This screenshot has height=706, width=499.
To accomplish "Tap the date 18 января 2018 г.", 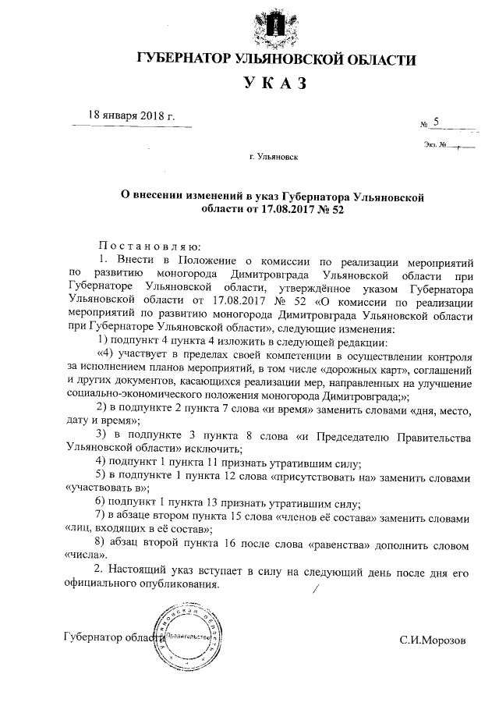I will pyautogui.click(x=132, y=116).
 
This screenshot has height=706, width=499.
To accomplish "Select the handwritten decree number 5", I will pyautogui.click(x=437, y=122).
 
